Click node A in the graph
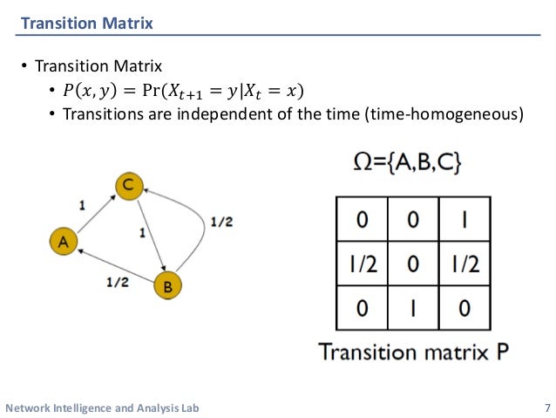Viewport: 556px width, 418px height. (x=63, y=243)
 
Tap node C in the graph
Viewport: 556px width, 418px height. (x=128, y=184)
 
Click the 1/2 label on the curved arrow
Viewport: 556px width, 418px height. (x=221, y=223)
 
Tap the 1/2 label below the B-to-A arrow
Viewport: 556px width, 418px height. (x=117, y=282)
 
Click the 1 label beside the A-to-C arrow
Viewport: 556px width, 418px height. (x=82, y=206)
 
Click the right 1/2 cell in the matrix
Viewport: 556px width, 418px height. (x=464, y=263)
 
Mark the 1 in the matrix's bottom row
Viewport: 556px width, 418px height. (x=412, y=307)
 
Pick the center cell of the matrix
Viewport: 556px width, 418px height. (x=412, y=263)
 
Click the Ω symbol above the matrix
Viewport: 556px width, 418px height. (x=364, y=163)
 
